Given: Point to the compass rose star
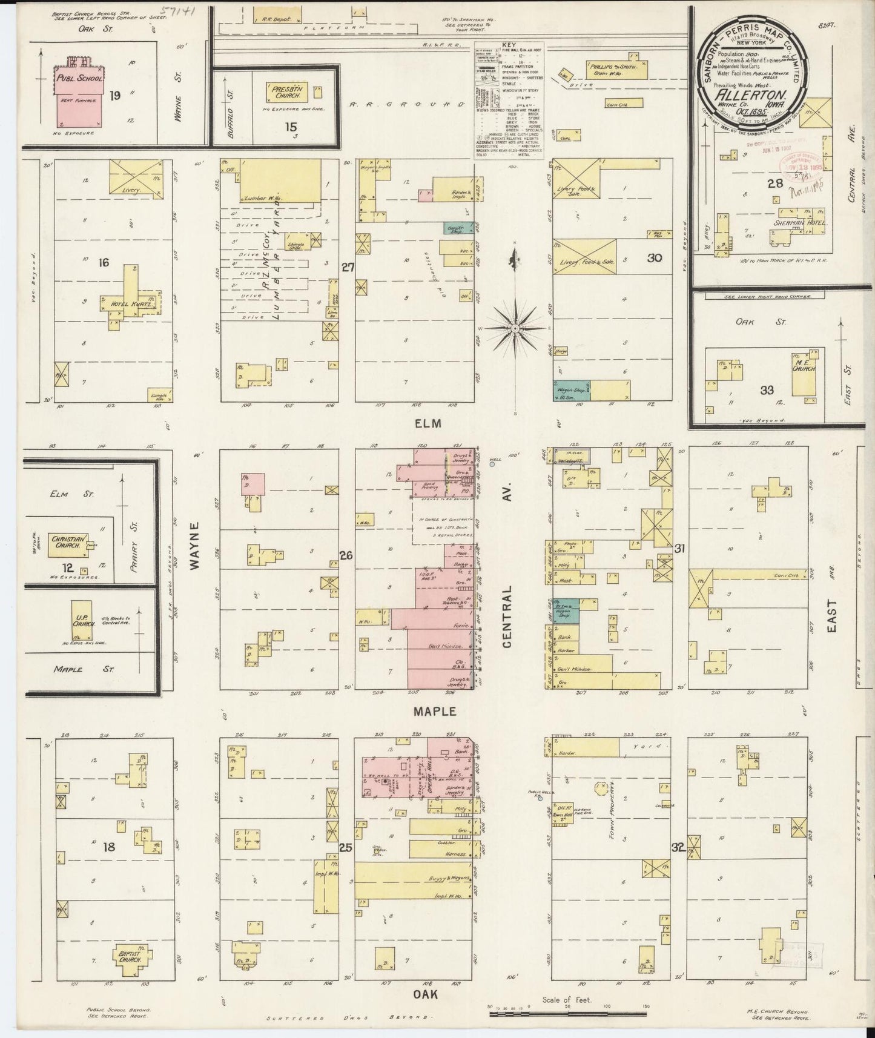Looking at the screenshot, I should (515, 328).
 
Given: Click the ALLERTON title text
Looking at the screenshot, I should (751, 95).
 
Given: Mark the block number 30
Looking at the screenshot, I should (653, 258).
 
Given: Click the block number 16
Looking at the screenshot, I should (104, 262).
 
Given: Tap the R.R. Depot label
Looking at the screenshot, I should (274, 19).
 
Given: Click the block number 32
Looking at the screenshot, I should (678, 848).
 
